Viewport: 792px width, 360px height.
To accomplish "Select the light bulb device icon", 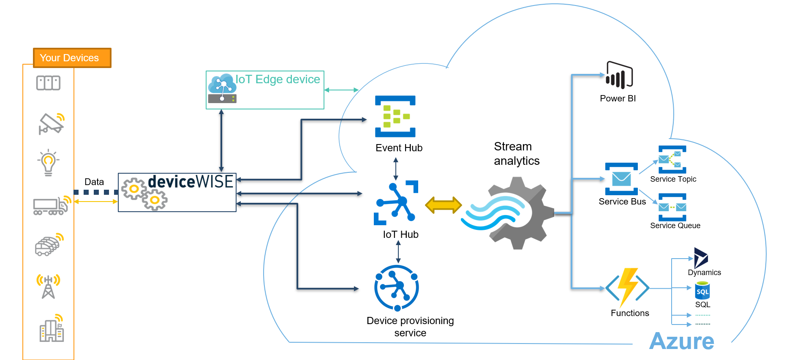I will tap(48, 162).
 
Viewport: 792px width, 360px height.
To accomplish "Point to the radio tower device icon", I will tap(48, 286).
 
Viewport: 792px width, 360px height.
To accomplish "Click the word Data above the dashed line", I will tap(94, 182).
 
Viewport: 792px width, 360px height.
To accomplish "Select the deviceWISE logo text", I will tap(191, 182).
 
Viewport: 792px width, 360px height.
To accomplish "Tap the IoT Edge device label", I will tap(278, 79).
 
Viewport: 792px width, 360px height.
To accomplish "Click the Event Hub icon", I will tap(395, 116).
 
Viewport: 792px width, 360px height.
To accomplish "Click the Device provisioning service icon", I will tap(396, 288).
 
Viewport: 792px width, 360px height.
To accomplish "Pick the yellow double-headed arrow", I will tap(443, 205).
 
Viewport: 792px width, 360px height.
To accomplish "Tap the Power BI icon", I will tap(619, 76).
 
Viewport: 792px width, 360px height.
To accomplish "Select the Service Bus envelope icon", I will tap(621, 179).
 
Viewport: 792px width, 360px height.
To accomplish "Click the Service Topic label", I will tap(673, 179).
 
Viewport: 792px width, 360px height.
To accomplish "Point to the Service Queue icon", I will tap(672, 207).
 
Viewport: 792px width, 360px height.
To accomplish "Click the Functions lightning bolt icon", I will tap(628, 287).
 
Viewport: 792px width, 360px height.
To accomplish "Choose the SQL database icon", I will tap(702, 291).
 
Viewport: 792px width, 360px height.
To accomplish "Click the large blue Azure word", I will tap(681, 341).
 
